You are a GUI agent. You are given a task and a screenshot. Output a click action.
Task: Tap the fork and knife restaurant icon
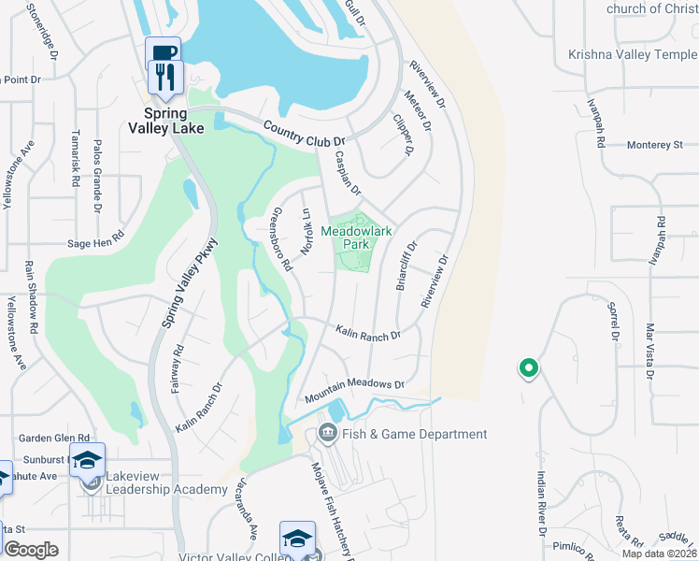click(x=166, y=77)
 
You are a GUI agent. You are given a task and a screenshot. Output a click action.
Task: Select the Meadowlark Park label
click(x=356, y=237)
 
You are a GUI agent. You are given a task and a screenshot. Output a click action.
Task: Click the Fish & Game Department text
click(x=414, y=434)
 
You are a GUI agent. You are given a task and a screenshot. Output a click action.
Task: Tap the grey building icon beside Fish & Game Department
click(x=328, y=432)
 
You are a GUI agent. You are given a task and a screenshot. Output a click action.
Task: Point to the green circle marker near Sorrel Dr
click(x=528, y=369)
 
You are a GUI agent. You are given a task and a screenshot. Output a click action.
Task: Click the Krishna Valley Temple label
click(x=632, y=55)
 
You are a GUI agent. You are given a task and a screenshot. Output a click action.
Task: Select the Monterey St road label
click(x=655, y=145)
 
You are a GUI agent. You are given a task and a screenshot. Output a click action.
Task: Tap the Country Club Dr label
click(x=298, y=134)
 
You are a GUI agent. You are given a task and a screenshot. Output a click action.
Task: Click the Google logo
click(x=31, y=550)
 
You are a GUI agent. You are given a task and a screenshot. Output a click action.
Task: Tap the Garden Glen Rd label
click(x=54, y=438)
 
